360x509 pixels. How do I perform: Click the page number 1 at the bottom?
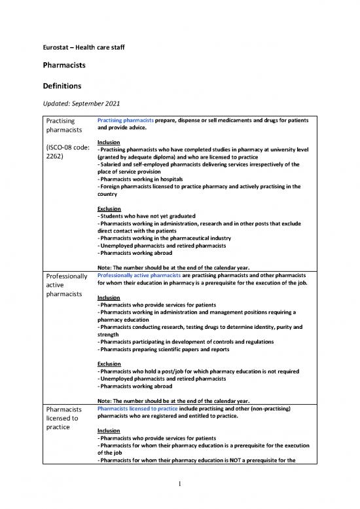180,485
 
